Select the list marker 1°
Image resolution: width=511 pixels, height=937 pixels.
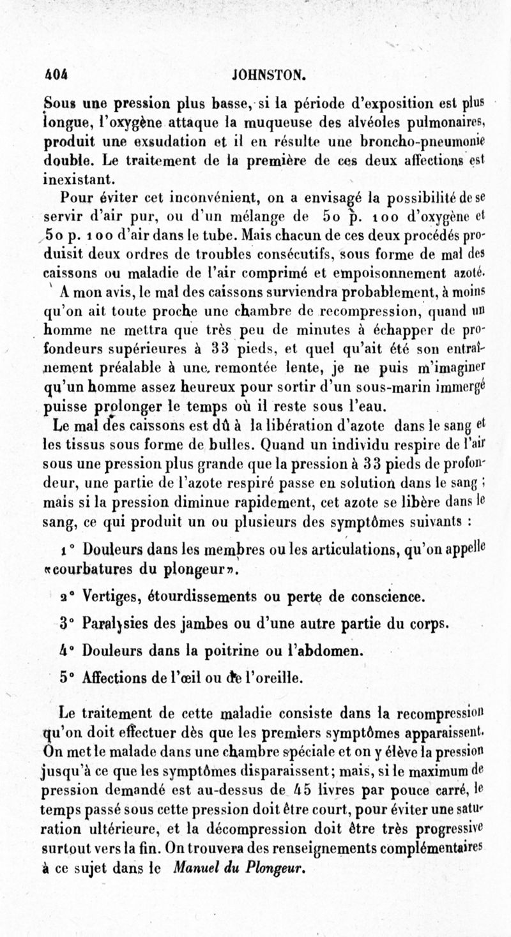tap(68, 531)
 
